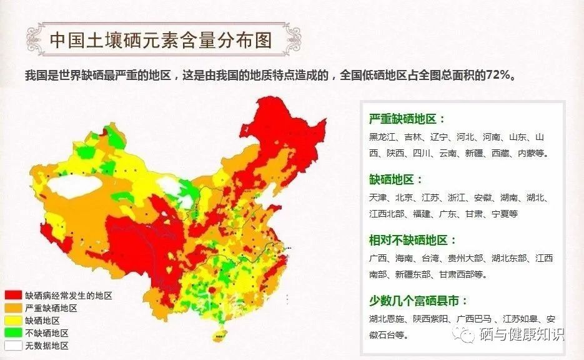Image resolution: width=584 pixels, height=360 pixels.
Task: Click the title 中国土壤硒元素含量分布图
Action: point(161,41)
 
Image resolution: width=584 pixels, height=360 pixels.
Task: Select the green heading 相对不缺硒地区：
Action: point(413,240)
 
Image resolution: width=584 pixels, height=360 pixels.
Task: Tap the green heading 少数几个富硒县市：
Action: point(418,301)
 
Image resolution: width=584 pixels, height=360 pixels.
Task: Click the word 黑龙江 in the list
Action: point(382,137)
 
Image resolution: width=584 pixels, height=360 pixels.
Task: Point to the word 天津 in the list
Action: point(378,197)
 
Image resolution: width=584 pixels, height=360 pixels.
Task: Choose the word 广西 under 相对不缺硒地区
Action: point(378,258)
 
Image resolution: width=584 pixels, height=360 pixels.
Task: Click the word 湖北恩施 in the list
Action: point(387,319)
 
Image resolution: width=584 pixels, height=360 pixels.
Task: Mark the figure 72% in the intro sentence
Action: point(500,76)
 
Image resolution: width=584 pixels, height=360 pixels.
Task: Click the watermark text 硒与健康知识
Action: point(521,335)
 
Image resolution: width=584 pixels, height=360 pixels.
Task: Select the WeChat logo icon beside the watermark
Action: point(465,335)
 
